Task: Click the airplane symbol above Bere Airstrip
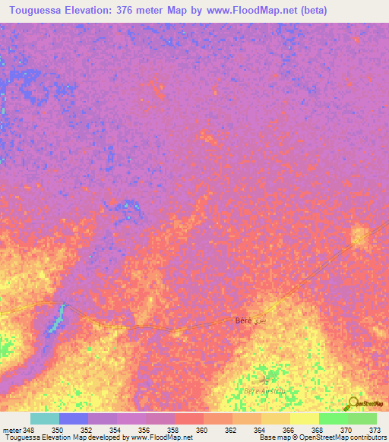[x=264, y=378]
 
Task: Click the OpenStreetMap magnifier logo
[x=354, y=404]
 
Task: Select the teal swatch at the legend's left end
[x=44, y=418]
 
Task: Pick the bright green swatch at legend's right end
[x=362, y=418]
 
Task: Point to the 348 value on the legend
[x=29, y=430]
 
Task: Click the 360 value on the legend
[x=202, y=430]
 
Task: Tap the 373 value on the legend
[x=375, y=430]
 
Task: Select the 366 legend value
[x=289, y=430]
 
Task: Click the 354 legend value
[x=115, y=430]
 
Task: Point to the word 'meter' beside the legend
[x=11, y=430]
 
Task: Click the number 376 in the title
[x=131, y=11]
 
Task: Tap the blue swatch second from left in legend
[x=73, y=418]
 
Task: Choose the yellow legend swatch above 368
[x=304, y=418]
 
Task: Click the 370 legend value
[x=346, y=430]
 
